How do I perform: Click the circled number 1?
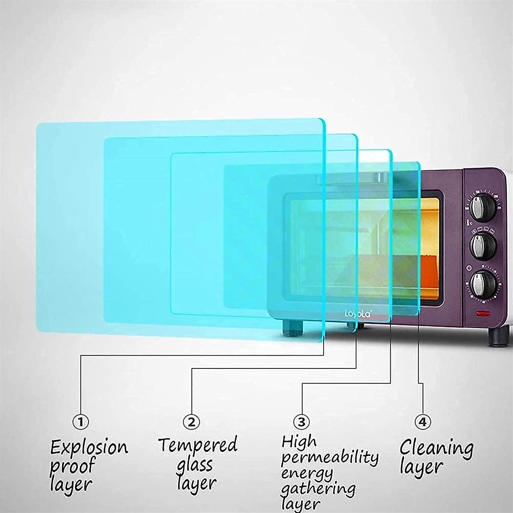80,422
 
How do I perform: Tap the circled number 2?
191,422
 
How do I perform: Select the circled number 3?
301,422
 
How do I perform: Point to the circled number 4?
422,422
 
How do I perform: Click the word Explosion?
89,448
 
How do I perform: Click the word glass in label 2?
195,465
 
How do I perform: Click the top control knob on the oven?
484,206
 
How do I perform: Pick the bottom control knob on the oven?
484,282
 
